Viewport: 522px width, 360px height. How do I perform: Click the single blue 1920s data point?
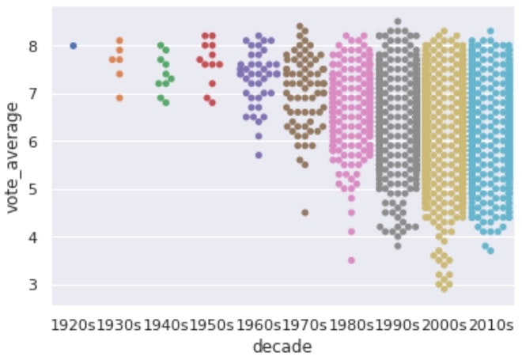(74, 46)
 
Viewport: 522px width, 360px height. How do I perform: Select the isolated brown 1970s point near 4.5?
(304, 213)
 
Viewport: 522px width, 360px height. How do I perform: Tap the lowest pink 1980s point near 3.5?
(351, 260)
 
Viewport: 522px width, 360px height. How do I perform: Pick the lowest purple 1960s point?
(258, 155)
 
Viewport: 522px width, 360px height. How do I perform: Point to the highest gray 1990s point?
(398, 22)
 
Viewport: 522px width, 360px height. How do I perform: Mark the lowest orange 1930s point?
(119, 98)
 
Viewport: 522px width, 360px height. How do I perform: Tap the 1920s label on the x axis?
(74, 324)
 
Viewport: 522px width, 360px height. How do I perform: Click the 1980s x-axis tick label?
(351, 324)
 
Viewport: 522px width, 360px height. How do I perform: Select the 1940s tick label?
(165, 324)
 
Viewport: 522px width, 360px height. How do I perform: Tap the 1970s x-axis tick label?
(304, 324)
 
